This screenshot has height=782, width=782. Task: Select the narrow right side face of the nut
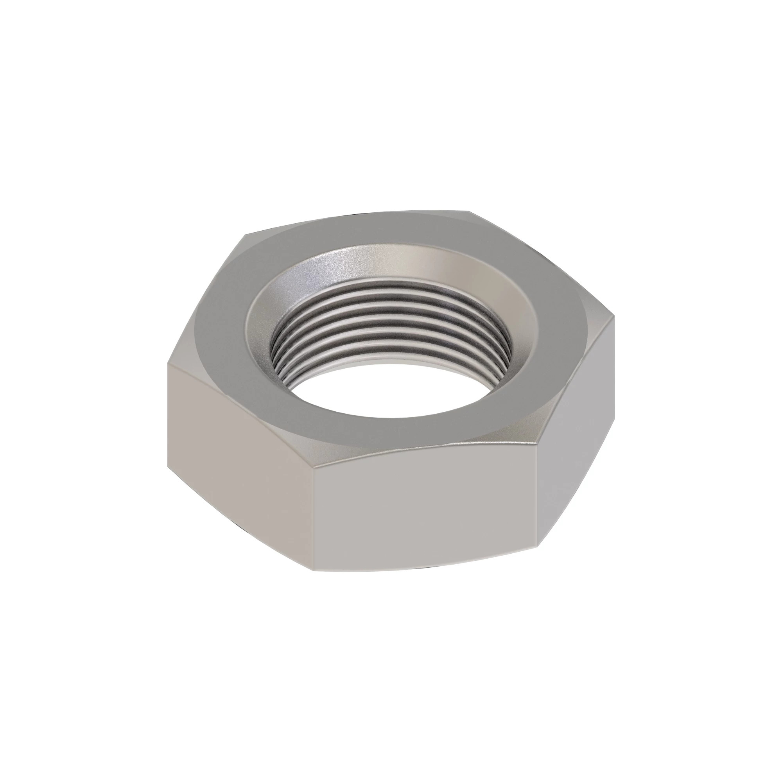575,457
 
